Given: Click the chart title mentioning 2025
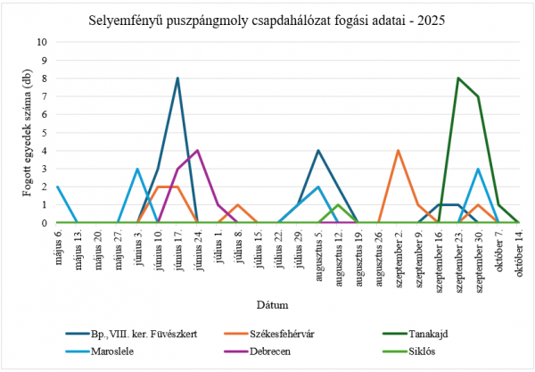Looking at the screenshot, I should pyautogui.click(x=267, y=20).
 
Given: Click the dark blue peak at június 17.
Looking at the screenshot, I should pyautogui.click(x=177, y=79).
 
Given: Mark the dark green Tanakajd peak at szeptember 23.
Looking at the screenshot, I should pyautogui.click(x=458, y=79).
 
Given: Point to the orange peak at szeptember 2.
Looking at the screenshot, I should pyautogui.click(x=398, y=151).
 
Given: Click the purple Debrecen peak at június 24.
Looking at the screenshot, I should pyautogui.click(x=197, y=151).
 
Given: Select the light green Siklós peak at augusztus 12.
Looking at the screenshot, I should pyautogui.click(x=338, y=205).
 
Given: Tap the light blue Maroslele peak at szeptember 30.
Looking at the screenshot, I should pyautogui.click(x=478, y=169).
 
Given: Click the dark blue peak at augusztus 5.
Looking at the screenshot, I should pyautogui.click(x=317, y=151).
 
